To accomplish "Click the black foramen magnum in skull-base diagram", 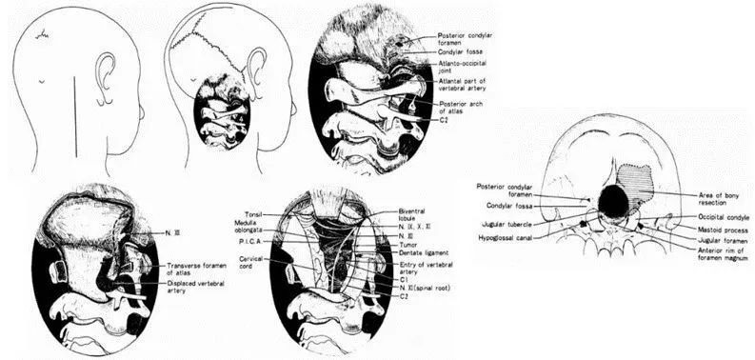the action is tap(615, 200).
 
